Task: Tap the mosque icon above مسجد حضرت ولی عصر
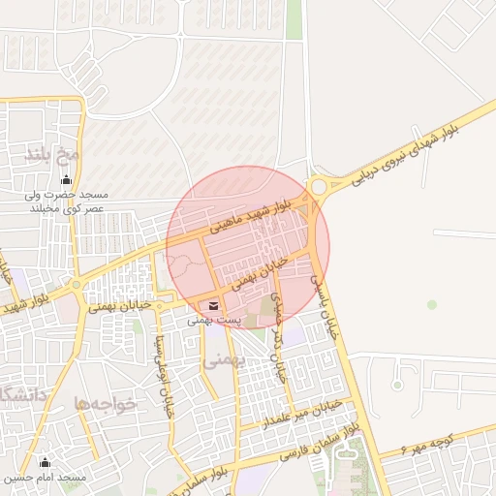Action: [66, 180]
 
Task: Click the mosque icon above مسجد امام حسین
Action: [43, 462]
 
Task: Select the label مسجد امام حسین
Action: [45, 478]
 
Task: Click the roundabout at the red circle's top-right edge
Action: [318, 186]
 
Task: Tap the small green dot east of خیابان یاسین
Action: [432, 304]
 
